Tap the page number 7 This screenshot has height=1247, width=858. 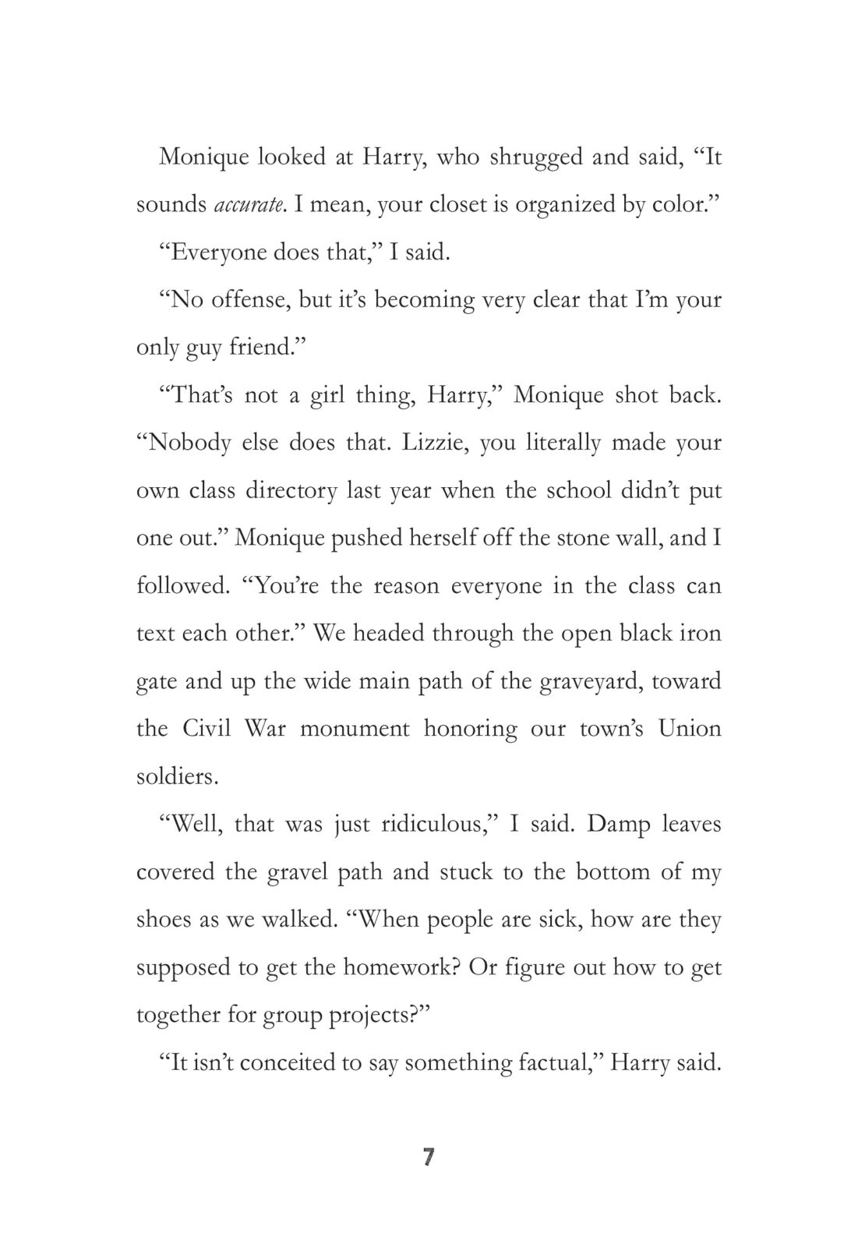point(428,1157)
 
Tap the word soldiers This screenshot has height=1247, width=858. point(177,777)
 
